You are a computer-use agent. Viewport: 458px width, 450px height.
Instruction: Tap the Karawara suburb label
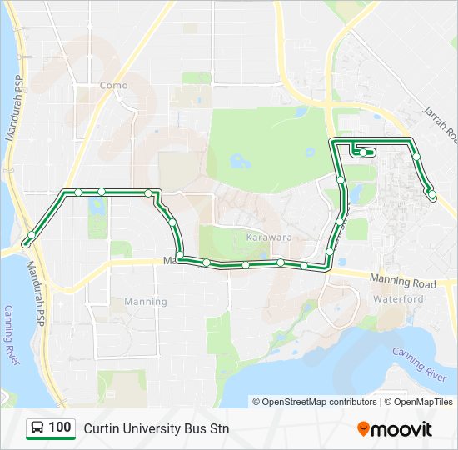pos(268,237)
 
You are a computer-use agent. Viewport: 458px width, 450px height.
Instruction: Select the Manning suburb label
pos(145,301)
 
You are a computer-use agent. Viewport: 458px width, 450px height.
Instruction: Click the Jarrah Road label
pos(439,123)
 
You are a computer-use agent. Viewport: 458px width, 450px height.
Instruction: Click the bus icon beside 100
pos(37,428)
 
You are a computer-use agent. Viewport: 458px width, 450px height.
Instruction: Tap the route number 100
pos(59,427)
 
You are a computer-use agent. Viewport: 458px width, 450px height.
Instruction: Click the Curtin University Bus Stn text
pos(156,428)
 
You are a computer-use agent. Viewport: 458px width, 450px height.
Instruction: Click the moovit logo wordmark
pos(401,429)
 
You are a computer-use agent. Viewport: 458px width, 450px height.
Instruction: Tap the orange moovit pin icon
pos(363,428)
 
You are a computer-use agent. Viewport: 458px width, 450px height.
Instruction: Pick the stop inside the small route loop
pos(363,152)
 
